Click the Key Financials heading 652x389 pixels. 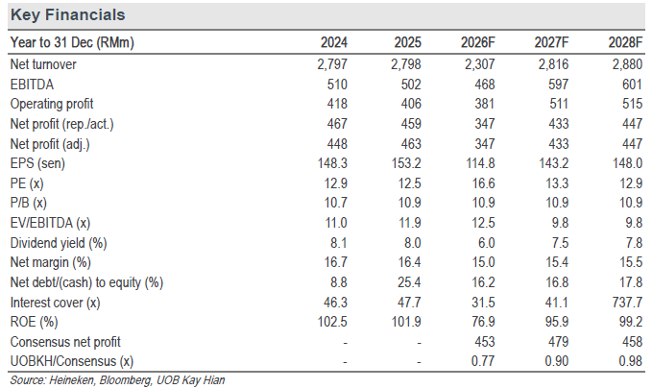click(x=68, y=15)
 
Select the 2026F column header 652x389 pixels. click(x=478, y=42)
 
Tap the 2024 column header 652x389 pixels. click(x=334, y=42)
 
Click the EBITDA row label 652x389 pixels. click(x=32, y=85)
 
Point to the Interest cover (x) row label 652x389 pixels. click(x=56, y=303)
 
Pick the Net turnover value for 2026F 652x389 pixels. click(x=480, y=64)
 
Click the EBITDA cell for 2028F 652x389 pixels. click(x=633, y=85)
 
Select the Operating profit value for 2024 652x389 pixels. click(x=337, y=104)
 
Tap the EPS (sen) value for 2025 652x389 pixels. click(x=406, y=163)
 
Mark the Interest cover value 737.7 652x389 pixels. click(x=627, y=302)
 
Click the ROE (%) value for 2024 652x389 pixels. click(x=332, y=322)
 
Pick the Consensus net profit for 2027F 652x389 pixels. click(x=558, y=342)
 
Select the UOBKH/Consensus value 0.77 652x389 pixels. click(x=483, y=361)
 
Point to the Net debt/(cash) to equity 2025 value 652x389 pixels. click(x=409, y=282)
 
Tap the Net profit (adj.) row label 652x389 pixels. click(x=50, y=144)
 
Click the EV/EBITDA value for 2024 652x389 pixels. click(x=336, y=223)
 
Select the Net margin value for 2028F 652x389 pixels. click(x=631, y=262)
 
